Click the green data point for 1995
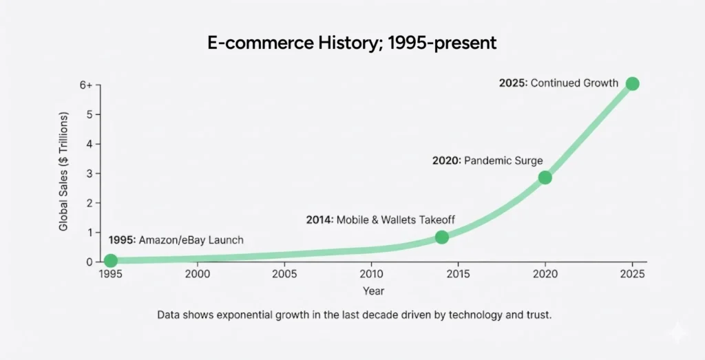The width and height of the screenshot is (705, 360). [x=110, y=260]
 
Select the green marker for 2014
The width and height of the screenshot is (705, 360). [x=442, y=237]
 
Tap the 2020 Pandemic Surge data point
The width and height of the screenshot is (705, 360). [x=545, y=177]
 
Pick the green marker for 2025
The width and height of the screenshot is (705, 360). [x=632, y=84]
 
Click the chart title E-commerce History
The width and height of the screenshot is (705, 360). [x=352, y=43]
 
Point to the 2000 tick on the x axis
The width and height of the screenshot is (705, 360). [x=198, y=274]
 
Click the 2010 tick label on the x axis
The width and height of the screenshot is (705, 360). [x=372, y=274]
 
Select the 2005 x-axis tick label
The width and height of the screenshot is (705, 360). [x=284, y=274]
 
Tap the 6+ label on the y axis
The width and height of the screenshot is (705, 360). [x=86, y=85]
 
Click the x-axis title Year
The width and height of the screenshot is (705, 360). [x=373, y=291]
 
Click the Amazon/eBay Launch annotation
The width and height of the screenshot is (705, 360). [x=176, y=240]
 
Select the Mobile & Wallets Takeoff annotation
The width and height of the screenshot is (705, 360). [x=380, y=220]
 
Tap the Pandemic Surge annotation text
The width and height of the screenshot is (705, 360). [x=487, y=160]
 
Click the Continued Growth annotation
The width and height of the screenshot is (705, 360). [x=558, y=83]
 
